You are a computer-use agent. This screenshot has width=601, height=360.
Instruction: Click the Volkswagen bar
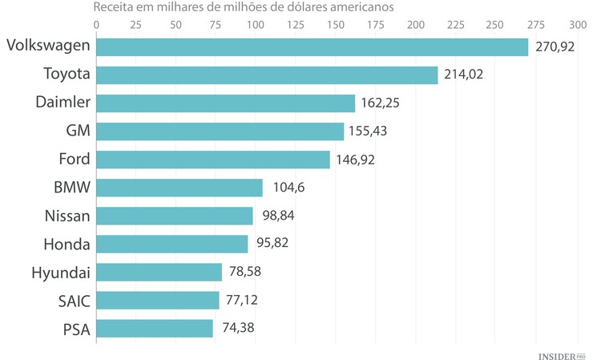point(313,47)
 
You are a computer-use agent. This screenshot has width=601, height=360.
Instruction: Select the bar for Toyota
point(267,75)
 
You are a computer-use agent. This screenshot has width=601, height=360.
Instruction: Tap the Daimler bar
point(225,103)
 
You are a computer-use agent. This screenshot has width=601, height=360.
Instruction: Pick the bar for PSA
point(155,329)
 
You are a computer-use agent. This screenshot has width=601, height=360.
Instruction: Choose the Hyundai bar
point(159,273)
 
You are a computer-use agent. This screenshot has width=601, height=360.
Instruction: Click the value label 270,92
point(555,47)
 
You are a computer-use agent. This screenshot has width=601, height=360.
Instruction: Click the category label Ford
point(75,159)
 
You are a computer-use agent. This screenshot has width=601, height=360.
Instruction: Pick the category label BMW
point(72,188)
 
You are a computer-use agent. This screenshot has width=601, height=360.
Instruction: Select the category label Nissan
point(68,216)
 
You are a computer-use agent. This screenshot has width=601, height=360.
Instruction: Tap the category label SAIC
point(73,301)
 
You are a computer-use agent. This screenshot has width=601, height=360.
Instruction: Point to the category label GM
point(78,131)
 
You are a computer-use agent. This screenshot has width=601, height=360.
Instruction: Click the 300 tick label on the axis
point(578,24)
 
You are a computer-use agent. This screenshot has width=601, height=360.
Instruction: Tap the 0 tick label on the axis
point(96,24)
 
